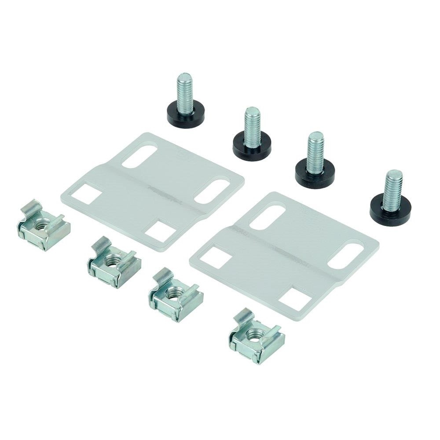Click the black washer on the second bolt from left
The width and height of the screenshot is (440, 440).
pos(252,147)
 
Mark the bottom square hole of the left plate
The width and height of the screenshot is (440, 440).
pos(161,231)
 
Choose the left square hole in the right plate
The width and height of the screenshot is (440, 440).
pos(216,258)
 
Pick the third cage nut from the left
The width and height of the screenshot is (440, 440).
pos(175,295)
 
